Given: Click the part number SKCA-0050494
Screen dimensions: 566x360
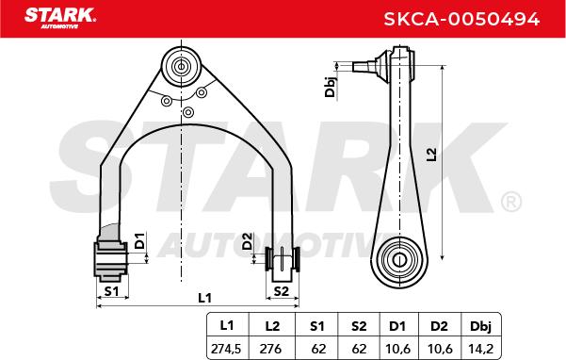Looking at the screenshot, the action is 461,19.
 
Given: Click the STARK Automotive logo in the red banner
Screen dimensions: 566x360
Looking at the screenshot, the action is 60,18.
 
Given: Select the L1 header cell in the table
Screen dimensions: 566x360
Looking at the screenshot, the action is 227,326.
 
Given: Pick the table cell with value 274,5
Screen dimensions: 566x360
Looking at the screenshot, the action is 226,349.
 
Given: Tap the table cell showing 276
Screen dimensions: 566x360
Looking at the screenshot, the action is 270,349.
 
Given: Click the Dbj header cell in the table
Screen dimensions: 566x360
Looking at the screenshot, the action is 481,326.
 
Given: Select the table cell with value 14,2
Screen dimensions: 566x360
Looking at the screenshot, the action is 481,349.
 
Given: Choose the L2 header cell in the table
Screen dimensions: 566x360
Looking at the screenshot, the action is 272,326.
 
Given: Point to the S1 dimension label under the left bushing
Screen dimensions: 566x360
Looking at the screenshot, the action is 111,290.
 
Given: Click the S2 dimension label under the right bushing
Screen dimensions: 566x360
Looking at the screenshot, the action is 282,290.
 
